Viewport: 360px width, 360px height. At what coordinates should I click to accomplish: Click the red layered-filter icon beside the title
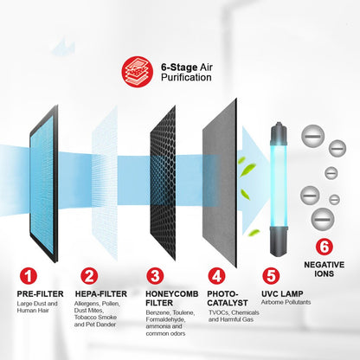(x=137, y=71)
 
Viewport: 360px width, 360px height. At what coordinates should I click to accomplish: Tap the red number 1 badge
(x=29, y=276)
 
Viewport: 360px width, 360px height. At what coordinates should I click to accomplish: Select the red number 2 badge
(x=89, y=276)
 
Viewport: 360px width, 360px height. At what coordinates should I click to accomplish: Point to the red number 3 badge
(x=155, y=276)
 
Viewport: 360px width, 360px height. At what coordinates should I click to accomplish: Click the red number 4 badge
(x=216, y=276)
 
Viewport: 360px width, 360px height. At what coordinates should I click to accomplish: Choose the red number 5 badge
(x=271, y=276)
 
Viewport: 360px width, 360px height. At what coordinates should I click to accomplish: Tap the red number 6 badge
(x=325, y=247)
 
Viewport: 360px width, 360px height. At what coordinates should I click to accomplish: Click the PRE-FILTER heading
(x=40, y=294)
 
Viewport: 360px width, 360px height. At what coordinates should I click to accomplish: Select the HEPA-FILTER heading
(x=101, y=294)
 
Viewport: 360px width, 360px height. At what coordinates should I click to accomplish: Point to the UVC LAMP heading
(x=282, y=294)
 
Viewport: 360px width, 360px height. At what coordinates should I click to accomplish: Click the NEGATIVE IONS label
(x=325, y=269)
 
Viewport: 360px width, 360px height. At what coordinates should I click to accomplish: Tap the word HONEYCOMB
(x=172, y=294)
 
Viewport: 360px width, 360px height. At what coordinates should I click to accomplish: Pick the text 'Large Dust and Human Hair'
(x=37, y=307)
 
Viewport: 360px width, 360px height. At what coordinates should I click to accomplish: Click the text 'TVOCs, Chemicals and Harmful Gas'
(x=234, y=316)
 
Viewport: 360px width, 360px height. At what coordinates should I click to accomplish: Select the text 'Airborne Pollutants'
(x=286, y=302)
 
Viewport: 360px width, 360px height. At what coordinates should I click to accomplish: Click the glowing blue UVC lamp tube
(x=279, y=189)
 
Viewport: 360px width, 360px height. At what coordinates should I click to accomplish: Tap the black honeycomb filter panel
(x=163, y=183)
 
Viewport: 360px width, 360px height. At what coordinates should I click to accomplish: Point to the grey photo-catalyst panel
(x=220, y=183)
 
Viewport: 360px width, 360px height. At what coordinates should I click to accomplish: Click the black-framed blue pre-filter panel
(x=44, y=183)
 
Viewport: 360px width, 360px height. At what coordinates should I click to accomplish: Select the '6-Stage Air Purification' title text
(x=187, y=72)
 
